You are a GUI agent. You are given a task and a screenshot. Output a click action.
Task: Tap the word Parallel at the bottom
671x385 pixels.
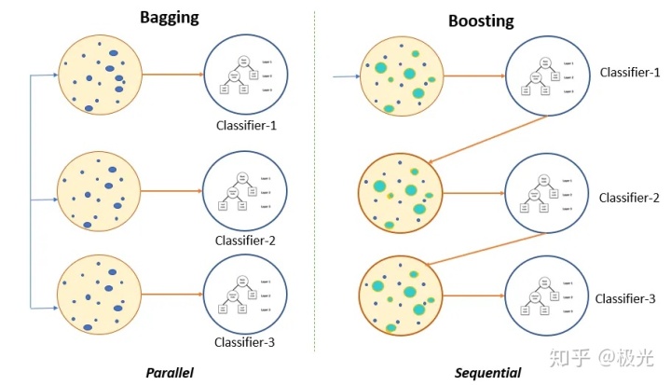(170, 372)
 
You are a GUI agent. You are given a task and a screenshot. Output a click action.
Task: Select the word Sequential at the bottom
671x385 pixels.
(486, 373)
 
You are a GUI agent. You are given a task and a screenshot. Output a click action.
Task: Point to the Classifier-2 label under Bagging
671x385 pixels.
(245, 241)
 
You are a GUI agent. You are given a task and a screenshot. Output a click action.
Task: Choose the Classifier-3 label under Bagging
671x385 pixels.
(245, 342)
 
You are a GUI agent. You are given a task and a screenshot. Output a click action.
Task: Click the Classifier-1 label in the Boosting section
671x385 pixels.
(630, 72)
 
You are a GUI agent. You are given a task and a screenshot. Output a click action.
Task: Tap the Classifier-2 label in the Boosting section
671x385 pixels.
(630, 197)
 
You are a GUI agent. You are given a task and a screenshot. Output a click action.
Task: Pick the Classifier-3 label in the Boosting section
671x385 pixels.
(626, 298)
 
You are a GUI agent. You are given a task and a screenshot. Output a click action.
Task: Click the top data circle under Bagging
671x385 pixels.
(100, 74)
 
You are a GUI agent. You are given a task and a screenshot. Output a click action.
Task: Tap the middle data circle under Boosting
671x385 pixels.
(399, 194)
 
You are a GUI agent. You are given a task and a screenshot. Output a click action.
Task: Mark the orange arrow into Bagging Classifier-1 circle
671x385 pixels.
(172, 75)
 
